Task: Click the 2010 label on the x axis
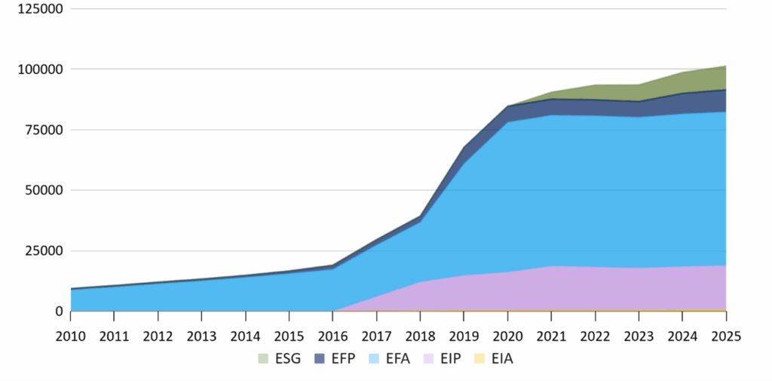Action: [x=71, y=335]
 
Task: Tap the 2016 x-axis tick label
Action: [x=333, y=335]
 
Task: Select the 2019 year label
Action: [x=464, y=335]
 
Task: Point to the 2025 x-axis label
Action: [x=725, y=335]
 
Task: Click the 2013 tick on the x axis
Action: [x=202, y=335]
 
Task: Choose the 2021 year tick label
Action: [x=551, y=335]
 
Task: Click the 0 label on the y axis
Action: [x=57, y=311]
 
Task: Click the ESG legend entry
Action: [x=280, y=358]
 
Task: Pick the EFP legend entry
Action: [x=341, y=358]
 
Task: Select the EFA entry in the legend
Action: [x=402, y=358]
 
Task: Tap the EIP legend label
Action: [x=461, y=358]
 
